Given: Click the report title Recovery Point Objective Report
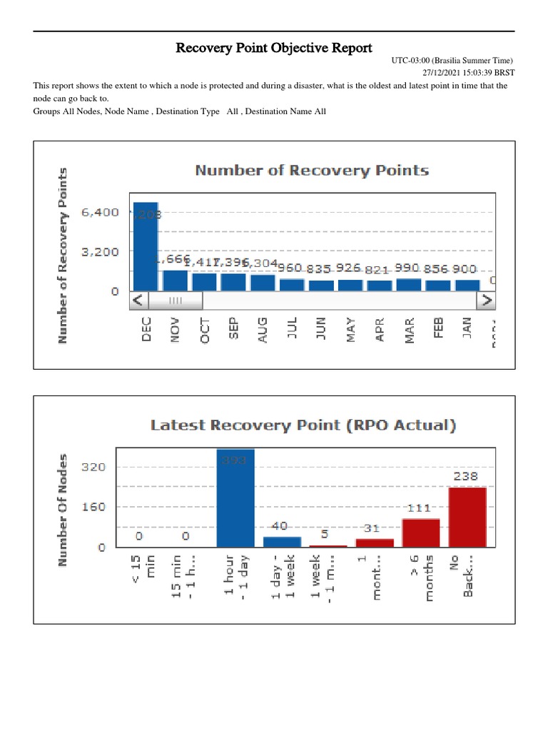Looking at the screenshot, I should point(274,49).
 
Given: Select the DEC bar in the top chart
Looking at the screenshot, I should point(146,246).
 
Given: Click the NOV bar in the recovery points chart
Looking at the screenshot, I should point(175,281).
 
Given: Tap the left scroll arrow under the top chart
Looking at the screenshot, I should point(138,301).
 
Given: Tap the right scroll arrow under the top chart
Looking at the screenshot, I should point(487,301).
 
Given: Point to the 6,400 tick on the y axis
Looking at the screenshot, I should point(101,213).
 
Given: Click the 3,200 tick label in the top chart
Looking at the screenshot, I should point(101,252).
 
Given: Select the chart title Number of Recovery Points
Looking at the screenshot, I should point(312,171).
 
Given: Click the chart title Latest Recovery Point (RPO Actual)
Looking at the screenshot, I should point(303,425).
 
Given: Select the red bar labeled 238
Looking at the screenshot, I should point(467,518).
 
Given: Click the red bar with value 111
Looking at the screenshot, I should point(421,533).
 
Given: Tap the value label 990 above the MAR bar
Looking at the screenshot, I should point(409,268).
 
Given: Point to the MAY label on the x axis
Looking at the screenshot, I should point(350,330).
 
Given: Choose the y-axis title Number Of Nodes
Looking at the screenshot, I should point(64,510).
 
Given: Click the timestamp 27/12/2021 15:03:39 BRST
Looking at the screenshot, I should point(466,73).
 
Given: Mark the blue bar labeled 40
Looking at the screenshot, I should point(282,542).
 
